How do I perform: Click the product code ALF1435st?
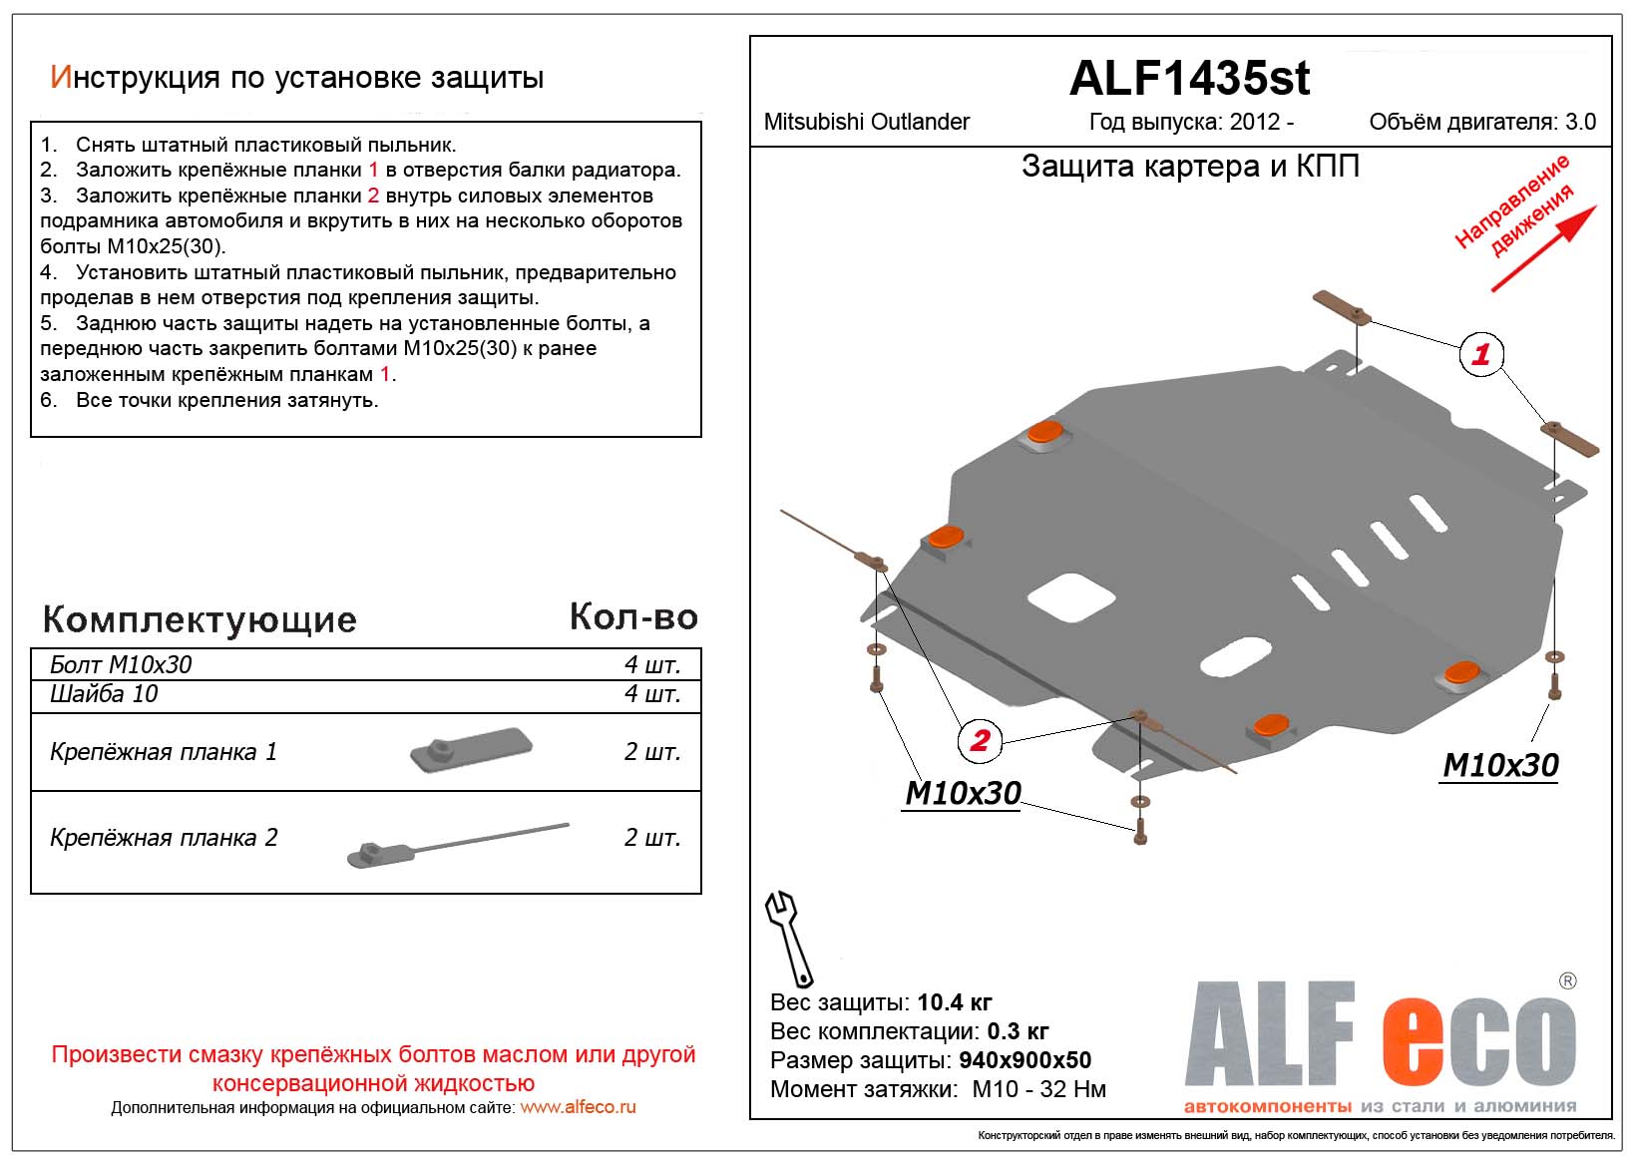tap(1189, 79)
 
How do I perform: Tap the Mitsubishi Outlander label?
tap(866, 122)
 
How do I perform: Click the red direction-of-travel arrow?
tap(1544, 249)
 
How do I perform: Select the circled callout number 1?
tap(1480, 354)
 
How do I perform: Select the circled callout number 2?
tap(979, 740)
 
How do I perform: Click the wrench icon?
tap(788, 938)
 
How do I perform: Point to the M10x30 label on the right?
tap(1500, 765)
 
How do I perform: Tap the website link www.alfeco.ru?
tap(578, 1107)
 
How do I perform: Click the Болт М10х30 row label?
tap(121, 665)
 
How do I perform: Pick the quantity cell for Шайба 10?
tap(651, 694)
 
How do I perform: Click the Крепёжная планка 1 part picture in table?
tap(471, 750)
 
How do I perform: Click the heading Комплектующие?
tap(200, 619)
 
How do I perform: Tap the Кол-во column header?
tap(633, 617)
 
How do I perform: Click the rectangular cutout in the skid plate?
tap(1070, 597)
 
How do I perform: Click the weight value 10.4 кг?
tap(954, 1002)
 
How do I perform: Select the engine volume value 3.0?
tap(1580, 122)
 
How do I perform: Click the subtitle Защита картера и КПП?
tap(1190, 166)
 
